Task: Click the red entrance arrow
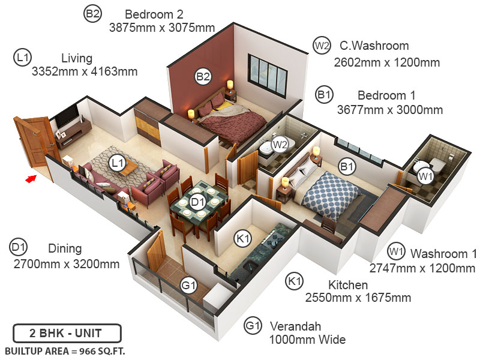tap(31, 178)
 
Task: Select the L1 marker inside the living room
tap(117, 163)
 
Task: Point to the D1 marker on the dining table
tap(197, 202)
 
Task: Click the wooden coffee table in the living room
tap(128, 167)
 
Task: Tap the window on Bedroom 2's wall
tap(267, 76)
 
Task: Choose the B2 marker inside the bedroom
tap(203, 76)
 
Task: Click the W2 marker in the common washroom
tap(280, 144)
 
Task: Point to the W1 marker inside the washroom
tap(425, 176)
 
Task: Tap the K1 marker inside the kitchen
tap(243, 238)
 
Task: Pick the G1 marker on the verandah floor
tap(188, 286)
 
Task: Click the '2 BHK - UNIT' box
tap(67, 333)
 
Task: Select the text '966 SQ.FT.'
tap(102, 352)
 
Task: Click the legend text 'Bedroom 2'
tap(154, 14)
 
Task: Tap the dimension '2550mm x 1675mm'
tap(358, 298)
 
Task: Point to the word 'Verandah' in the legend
tap(295, 326)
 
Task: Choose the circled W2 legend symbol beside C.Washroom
tap(322, 46)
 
